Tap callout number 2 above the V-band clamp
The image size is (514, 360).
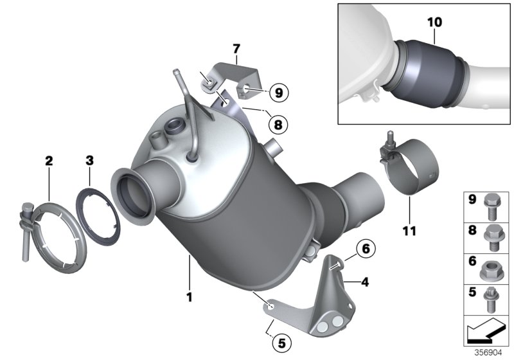click(x=48, y=161)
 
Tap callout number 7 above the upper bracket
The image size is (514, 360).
click(x=236, y=48)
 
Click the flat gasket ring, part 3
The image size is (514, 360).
click(x=100, y=212)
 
